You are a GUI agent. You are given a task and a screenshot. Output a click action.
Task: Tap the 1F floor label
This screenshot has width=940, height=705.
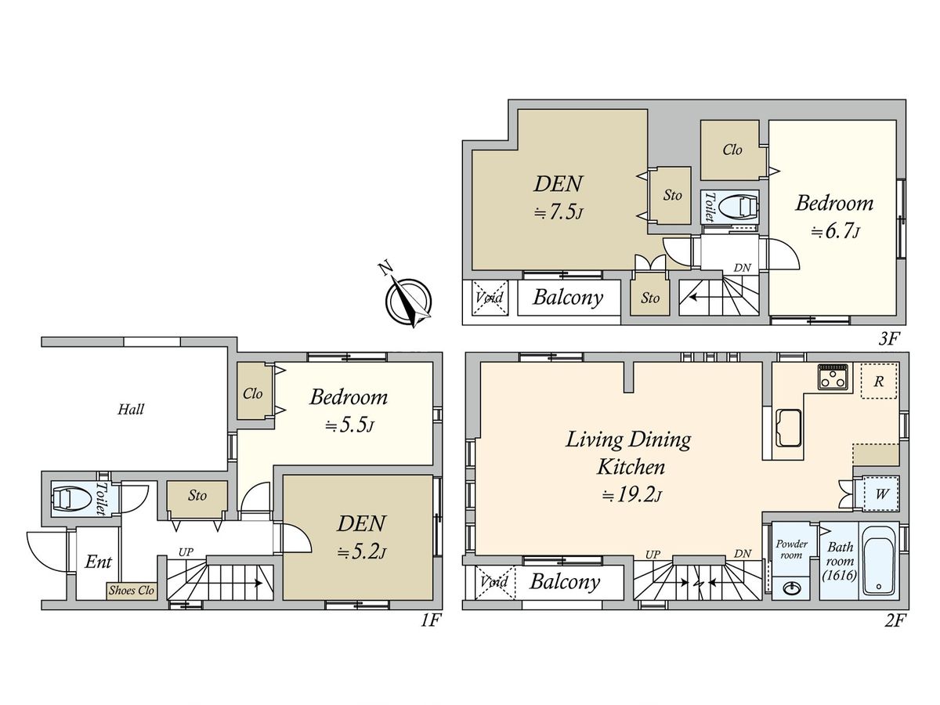point(429,620)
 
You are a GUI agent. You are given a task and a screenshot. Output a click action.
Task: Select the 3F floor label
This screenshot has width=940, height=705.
point(888,339)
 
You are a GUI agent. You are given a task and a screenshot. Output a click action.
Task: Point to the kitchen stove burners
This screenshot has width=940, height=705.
point(833,377)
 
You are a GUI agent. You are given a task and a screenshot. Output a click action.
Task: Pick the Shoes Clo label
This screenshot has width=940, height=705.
point(132,591)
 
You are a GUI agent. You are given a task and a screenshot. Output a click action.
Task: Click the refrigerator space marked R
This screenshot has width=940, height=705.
point(879,381)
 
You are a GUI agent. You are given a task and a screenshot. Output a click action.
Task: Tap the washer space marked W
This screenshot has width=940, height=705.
point(880,494)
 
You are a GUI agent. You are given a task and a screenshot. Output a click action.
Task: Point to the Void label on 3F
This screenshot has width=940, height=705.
point(490,297)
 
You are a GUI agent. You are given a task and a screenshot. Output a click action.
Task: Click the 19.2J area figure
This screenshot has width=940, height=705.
point(632,495)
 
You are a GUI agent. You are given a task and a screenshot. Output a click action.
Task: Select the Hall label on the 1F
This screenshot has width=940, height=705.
point(131,410)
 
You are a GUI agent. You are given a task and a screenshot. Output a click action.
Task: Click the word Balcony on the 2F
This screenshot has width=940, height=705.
point(565,582)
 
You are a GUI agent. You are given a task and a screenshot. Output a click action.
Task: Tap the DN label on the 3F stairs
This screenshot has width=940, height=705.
point(742,268)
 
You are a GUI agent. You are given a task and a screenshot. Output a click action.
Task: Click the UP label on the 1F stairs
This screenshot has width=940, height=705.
point(186,552)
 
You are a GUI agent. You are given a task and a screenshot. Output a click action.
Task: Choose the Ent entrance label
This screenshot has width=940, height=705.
point(98,562)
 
